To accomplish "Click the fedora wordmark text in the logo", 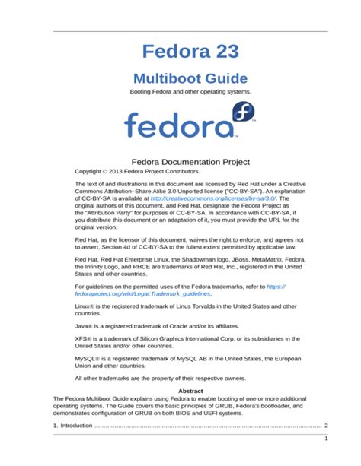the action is (177, 125).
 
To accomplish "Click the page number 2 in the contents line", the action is (326, 426).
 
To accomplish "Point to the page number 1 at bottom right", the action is (326, 439).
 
